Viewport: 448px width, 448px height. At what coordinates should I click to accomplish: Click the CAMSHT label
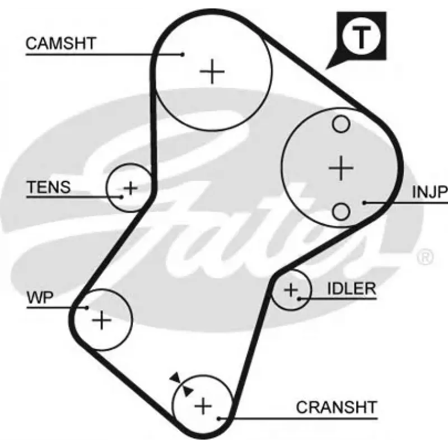coord(61,44)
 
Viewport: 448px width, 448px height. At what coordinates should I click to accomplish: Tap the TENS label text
coord(49,187)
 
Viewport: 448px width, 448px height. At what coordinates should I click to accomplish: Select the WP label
coord(40,297)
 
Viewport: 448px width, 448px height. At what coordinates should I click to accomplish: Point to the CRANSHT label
coord(337,407)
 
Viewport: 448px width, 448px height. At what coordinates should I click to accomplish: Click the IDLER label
coord(352,289)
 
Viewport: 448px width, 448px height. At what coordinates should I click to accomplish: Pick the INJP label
coord(430,192)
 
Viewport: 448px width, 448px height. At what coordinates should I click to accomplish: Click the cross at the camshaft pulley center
coord(212,72)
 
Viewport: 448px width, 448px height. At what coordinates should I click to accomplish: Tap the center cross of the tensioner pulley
coord(130,188)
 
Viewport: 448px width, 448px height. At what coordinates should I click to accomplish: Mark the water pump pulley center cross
coord(102,320)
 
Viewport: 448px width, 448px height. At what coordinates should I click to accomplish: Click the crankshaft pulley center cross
coord(203,405)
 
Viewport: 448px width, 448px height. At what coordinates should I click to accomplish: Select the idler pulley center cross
coord(291,290)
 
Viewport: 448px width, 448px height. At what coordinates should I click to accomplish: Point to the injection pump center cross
coord(341,168)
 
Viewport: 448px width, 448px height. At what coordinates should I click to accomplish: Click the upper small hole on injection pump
coord(341,124)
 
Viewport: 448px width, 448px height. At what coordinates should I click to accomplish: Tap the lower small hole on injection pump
coord(341,212)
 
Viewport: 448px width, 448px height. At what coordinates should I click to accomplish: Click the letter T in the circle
coord(361,36)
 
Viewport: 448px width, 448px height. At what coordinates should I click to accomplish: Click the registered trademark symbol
coord(425,257)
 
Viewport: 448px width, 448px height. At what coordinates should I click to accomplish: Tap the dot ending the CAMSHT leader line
coord(183,54)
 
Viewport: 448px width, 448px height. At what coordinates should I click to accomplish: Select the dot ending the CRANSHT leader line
coord(218,418)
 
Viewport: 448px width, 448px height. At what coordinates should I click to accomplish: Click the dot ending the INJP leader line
coord(365,203)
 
